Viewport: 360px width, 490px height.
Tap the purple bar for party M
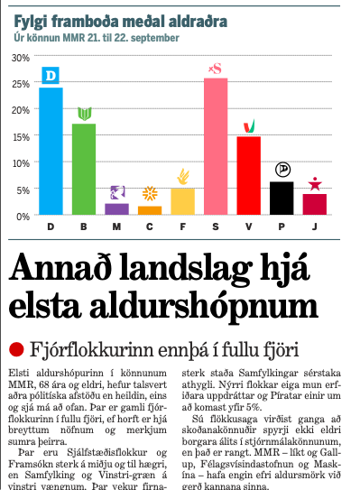(116, 208)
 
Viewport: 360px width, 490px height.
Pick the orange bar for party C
(150, 210)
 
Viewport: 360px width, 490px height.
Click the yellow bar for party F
(182, 201)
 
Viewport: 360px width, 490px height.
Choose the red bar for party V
(248, 175)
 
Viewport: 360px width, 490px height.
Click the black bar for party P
(282, 198)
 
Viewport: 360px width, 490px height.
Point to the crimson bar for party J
(314, 204)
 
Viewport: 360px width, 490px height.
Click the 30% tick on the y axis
(17, 58)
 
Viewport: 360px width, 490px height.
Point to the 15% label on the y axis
(17, 137)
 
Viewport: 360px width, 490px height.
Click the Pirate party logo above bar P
(282, 170)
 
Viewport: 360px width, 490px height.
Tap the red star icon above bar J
(314, 184)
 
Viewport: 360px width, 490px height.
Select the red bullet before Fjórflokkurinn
(15, 348)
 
